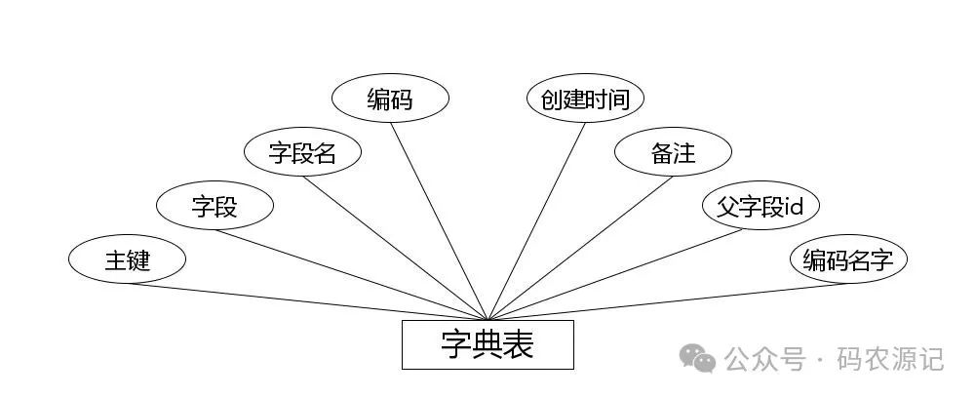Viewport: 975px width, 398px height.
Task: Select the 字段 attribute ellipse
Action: click(214, 206)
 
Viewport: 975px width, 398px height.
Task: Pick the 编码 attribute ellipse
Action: click(390, 99)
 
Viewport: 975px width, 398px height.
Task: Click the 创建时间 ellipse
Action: click(585, 99)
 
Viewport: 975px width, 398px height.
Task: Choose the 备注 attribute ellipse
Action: click(673, 152)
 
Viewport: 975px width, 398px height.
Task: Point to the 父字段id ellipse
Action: click(760, 206)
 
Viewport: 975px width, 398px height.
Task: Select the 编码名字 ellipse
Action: click(848, 259)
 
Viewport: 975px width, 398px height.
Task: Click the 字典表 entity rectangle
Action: click(487, 344)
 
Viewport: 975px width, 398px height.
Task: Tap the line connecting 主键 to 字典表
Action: click(307, 301)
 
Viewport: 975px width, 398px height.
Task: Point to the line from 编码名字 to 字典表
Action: click(668, 301)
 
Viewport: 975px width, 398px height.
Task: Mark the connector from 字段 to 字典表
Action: click(351, 274)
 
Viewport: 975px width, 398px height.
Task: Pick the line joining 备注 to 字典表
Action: click(580, 248)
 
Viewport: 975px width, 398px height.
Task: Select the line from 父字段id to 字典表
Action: click(624, 274)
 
